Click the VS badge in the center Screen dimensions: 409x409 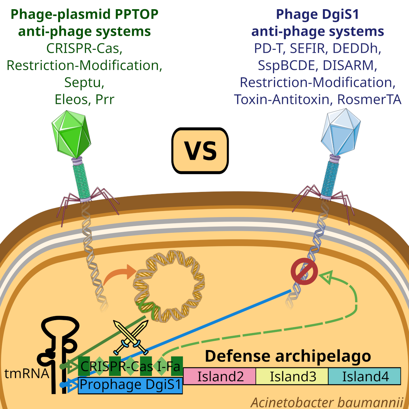point(200,151)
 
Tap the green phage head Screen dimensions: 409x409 point(71,134)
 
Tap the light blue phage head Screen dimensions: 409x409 point(341,132)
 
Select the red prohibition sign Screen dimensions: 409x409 point(304,271)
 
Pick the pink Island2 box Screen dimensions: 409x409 point(219,376)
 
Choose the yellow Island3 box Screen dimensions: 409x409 point(292,376)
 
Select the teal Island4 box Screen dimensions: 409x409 point(364,376)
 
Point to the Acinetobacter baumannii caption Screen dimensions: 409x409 point(327,402)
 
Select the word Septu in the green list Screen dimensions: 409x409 point(84,82)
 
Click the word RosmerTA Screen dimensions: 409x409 point(369,99)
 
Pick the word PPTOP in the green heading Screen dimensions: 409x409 point(137,14)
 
